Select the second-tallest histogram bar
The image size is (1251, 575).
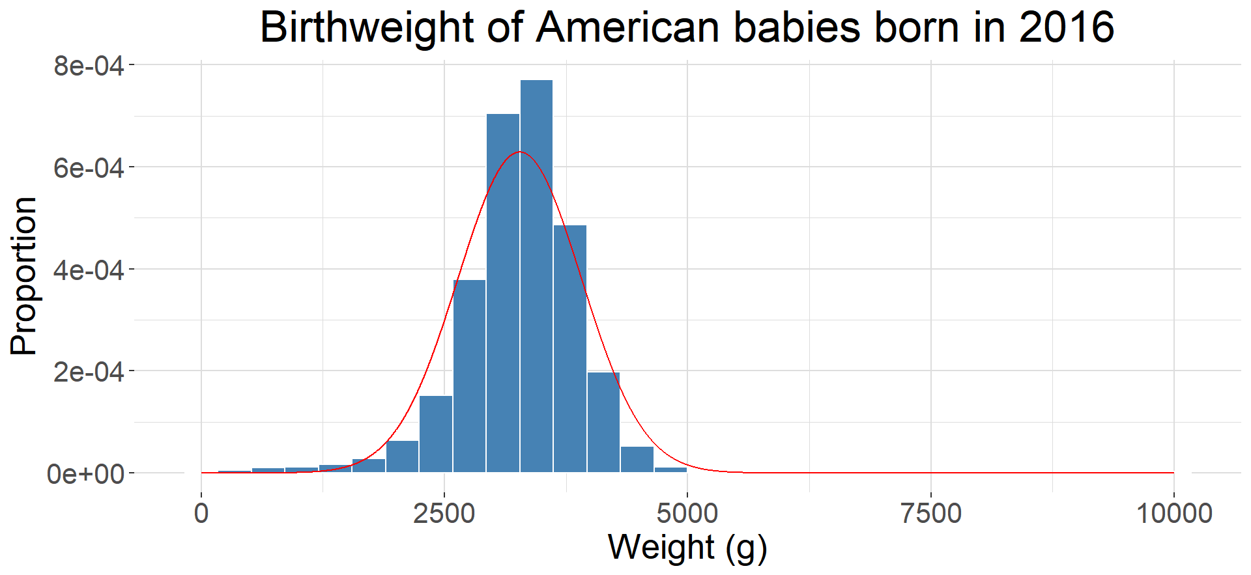point(503,293)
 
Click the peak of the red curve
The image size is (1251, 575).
point(519,152)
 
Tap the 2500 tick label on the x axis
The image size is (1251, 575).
point(444,514)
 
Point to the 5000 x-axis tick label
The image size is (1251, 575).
point(687,514)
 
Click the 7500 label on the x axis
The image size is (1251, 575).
point(930,514)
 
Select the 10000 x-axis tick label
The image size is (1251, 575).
point(1173,514)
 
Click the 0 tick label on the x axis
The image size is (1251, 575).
point(201,514)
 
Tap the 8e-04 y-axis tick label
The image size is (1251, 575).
point(89,66)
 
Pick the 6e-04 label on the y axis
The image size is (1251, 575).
point(89,168)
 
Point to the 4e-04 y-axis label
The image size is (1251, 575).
point(89,270)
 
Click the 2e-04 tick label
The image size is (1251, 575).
point(89,372)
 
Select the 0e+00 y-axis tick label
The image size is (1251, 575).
point(85,474)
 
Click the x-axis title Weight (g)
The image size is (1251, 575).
point(687,547)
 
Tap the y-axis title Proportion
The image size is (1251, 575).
point(24,275)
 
